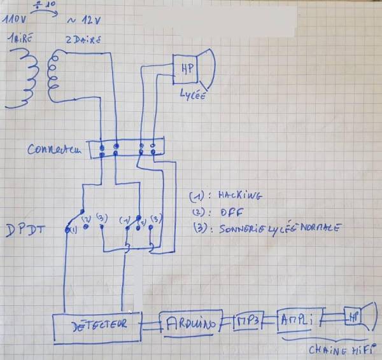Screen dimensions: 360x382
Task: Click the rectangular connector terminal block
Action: [x=127, y=150]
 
